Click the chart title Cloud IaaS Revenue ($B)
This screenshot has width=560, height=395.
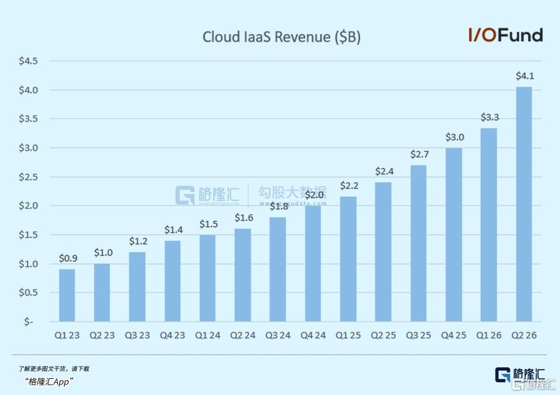(x=281, y=37)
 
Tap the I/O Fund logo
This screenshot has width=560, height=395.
(x=505, y=35)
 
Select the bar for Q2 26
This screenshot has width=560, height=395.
(x=524, y=204)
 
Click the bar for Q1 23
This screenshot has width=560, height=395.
(x=67, y=295)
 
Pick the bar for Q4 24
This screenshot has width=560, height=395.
(x=313, y=263)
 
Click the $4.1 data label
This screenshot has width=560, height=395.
(x=525, y=76)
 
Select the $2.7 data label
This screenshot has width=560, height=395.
(x=419, y=154)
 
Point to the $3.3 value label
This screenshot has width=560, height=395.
(x=489, y=117)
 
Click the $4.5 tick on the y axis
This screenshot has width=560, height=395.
(x=29, y=61)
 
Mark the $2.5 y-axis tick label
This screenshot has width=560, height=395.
(x=29, y=177)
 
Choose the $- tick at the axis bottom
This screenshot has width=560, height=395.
(x=28, y=321)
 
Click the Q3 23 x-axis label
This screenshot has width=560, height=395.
(x=137, y=335)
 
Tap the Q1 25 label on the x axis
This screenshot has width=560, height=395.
(x=348, y=335)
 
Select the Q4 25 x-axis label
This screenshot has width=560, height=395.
(x=454, y=335)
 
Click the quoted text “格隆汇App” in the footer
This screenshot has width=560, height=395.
(x=49, y=381)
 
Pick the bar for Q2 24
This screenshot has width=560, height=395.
(x=243, y=275)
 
